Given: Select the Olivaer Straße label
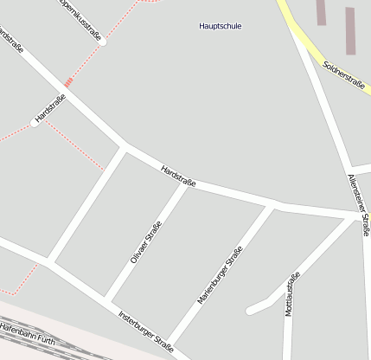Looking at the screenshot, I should pos(147,243).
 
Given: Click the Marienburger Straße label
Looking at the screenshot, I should pos(220,275).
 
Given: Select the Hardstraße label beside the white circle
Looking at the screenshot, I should pos(50,107).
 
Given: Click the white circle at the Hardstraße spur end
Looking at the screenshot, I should pos(35,124).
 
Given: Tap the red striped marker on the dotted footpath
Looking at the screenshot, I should pos(68,83).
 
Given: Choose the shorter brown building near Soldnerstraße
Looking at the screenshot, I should pos(321,12).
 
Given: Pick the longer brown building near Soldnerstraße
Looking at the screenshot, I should pos(350,31).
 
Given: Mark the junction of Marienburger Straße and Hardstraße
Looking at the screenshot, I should pos(272,206).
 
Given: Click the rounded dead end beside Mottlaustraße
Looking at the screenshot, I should pos(251,309).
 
